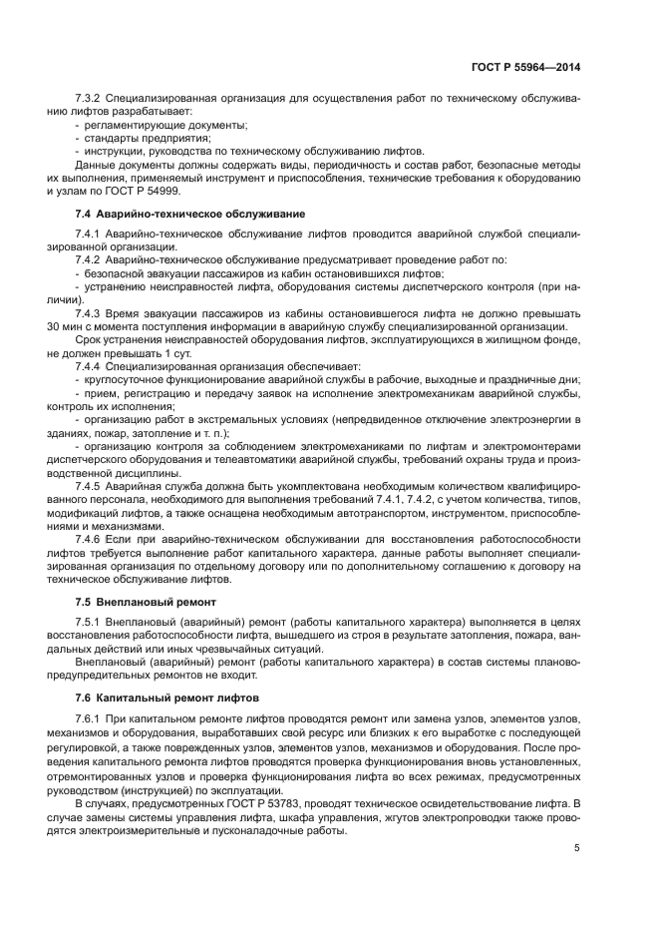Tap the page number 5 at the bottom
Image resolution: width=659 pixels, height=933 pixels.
(x=576, y=848)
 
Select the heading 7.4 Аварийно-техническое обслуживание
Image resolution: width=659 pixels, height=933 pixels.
(x=189, y=215)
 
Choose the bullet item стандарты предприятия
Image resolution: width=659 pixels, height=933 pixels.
(x=141, y=139)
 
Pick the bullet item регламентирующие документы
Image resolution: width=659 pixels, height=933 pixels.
(x=165, y=126)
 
